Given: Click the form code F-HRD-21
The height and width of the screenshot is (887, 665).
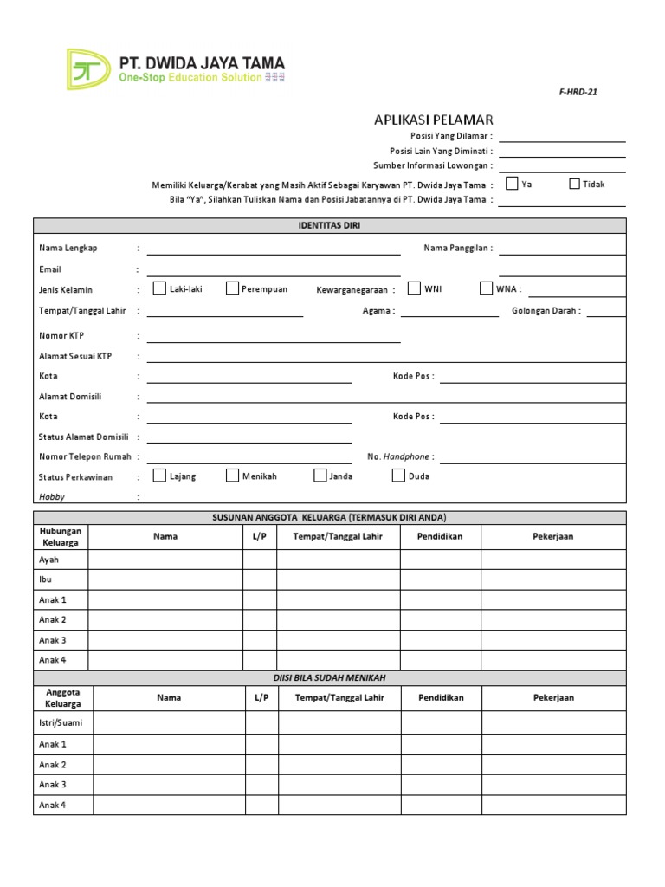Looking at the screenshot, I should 578,92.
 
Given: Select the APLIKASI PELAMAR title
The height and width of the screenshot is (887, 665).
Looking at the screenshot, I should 434,120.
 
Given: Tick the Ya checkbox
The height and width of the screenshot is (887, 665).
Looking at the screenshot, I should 512,184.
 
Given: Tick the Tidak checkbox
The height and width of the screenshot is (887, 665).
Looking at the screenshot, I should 574,184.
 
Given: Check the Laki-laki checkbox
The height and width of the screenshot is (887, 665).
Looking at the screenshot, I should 159,288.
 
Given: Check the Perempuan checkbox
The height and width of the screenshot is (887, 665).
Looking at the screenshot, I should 232,288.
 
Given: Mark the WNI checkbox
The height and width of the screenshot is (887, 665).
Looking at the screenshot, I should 414,288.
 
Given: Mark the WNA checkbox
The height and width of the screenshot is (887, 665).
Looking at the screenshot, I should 486,288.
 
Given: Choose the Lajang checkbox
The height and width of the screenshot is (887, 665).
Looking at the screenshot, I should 159,476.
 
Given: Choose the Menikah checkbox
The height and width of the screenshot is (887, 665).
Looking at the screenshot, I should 232,476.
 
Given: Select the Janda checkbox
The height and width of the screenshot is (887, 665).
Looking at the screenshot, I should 320,476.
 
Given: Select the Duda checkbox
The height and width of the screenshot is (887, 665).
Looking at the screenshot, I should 398,476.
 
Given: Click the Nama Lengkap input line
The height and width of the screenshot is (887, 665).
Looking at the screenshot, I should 273,249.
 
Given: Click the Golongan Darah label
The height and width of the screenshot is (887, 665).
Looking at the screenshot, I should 546,311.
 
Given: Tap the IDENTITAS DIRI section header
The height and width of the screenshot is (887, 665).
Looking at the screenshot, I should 329,226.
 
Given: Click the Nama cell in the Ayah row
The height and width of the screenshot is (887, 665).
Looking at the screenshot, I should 165,560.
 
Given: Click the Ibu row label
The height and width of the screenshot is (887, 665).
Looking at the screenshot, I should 47,579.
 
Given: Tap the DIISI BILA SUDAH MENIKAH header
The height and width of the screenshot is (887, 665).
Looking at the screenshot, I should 329,678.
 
